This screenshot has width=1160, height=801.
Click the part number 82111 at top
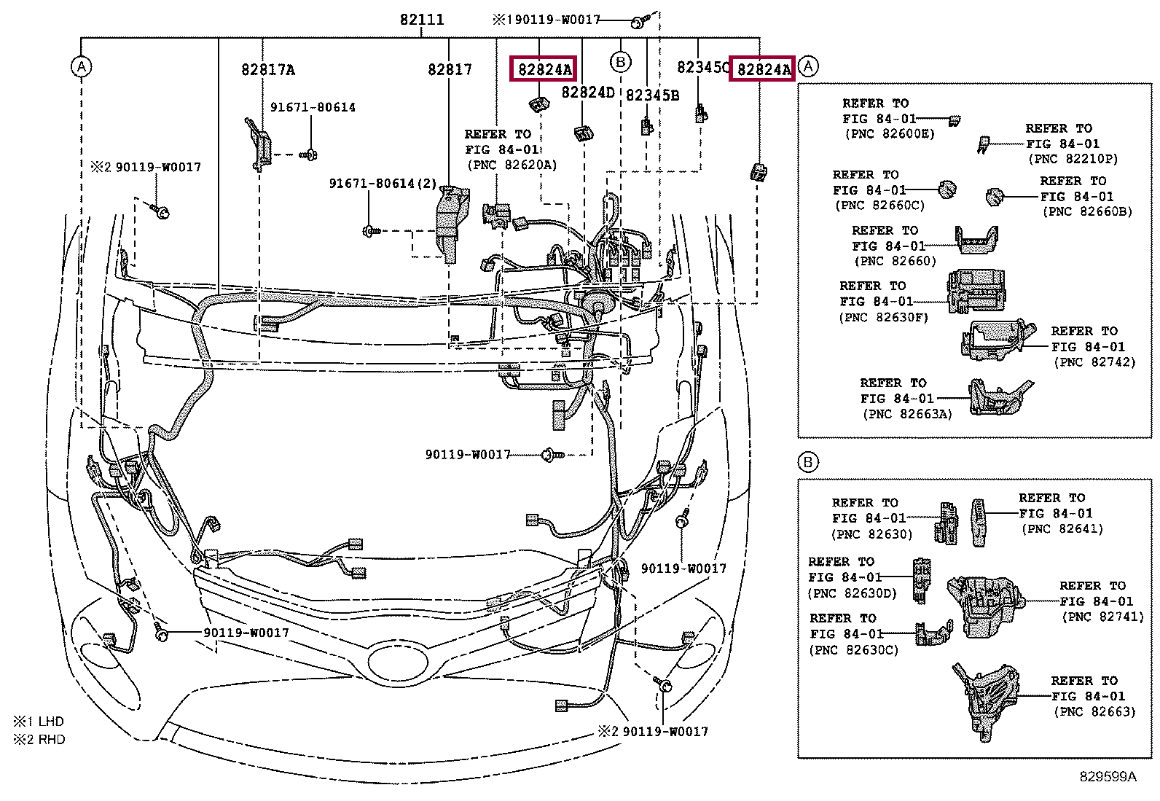421,20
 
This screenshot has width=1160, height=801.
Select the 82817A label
267,70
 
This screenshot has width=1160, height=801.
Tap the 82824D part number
587,93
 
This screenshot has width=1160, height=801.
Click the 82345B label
652,95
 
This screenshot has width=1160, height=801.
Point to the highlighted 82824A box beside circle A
763,69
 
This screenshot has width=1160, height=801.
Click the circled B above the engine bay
619,62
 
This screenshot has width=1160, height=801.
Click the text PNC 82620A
512,165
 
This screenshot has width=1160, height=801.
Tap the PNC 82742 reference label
1094,362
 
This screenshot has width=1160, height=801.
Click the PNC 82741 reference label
1097,616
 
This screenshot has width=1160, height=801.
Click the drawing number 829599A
1108,777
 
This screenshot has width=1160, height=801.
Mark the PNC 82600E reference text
890,134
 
